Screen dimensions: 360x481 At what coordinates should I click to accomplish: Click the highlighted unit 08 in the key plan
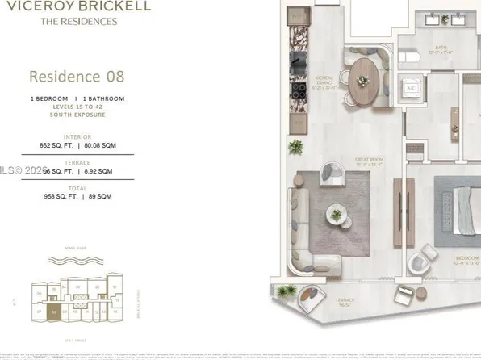pyautogui.click(x=53, y=311)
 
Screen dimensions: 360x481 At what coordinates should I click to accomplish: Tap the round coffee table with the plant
pyautogui.click(x=334, y=215)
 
